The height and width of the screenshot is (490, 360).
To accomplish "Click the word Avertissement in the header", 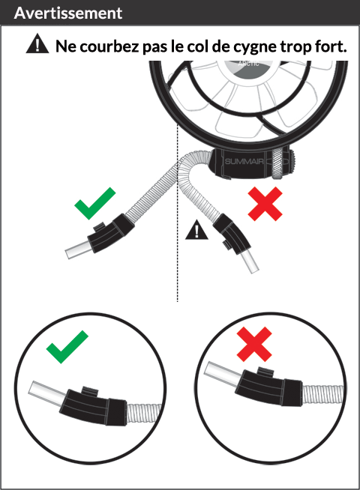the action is click(67, 13).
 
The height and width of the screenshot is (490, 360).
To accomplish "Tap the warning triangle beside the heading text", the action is click(37, 43).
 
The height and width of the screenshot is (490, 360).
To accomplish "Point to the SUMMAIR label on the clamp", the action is click(244, 162).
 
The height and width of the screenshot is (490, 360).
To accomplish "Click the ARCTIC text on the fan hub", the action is click(248, 64).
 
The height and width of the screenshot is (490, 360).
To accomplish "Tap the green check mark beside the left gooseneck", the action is click(94, 203).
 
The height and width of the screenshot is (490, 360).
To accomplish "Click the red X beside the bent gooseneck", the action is click(265, 204).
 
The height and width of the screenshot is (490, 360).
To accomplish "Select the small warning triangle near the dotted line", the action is click(196, 230).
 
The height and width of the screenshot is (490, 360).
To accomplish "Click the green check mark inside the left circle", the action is click(67, 347).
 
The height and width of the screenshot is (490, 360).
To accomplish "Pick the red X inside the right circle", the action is click(254, 344).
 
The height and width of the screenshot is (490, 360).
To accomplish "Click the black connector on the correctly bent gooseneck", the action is click(110, 232).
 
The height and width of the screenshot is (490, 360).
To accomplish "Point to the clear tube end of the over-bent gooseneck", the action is click(250, 262).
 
